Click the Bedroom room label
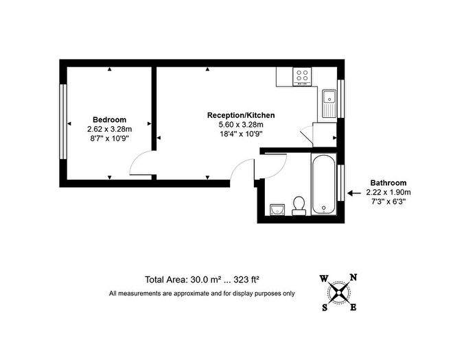point(109,119)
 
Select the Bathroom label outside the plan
point(388,183)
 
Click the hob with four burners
point(301,75)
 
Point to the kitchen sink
point(328,103)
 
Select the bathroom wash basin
point(277,209)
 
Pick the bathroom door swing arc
point(271,167)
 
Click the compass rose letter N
point(353,278)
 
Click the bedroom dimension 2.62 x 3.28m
point(109,129)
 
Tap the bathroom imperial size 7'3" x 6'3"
point(388,202)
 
